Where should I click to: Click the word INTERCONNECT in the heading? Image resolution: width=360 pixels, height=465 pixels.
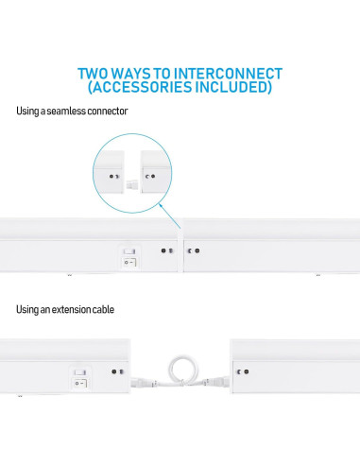point(228,74)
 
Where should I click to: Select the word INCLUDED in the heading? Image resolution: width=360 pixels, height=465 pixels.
point(231,87)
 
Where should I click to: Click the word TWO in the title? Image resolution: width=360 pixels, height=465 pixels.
point(93,74)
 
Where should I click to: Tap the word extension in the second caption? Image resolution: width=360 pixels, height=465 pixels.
point(66,309)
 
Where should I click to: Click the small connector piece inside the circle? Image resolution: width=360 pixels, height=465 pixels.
point(131,184)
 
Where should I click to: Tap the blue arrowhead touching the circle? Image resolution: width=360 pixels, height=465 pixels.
point(161,206)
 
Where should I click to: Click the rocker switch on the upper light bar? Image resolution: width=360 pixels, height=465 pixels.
point(129,257)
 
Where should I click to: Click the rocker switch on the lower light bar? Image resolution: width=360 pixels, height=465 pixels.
point(80,379)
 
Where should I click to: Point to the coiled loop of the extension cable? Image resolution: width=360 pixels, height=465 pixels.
point(182,370)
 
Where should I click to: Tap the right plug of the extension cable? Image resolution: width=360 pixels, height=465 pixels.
point(217,382)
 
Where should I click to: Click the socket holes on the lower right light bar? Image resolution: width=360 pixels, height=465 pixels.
point(243,371)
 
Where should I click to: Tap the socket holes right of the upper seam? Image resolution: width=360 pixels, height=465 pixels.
point(194,250)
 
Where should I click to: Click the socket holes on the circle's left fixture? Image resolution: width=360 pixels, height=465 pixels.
point(114,177)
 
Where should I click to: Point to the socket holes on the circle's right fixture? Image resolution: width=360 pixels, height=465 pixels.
point(150,176)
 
